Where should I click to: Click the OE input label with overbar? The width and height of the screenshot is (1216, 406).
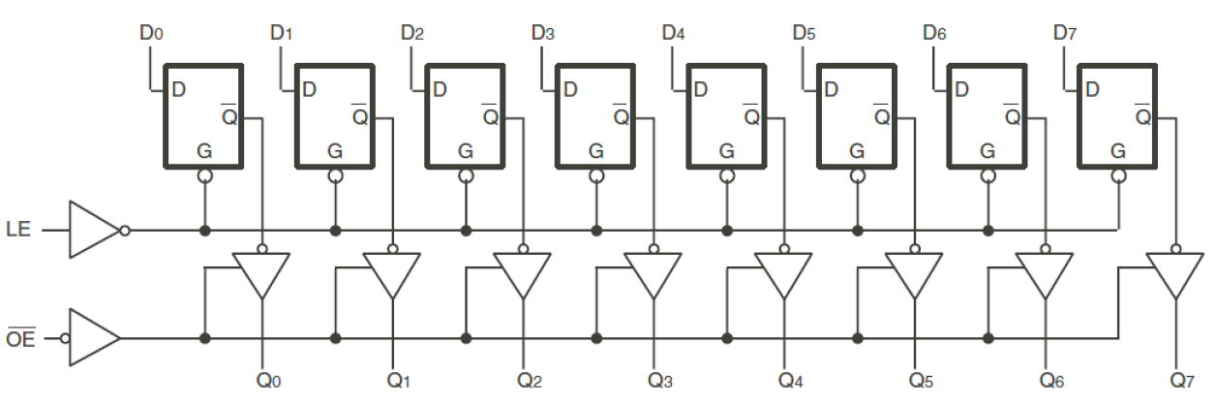tap(21, 338)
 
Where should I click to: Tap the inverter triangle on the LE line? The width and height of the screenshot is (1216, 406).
tap(93, 231)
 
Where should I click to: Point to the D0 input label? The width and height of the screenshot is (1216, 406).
tap(150, 33)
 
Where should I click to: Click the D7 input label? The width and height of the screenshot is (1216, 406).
tap(1064, 33)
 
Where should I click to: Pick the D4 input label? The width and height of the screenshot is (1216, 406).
tap(673, 33)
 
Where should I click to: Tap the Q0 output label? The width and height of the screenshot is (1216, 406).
tap(267, 380)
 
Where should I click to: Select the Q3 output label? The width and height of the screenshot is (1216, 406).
tap(659, 380)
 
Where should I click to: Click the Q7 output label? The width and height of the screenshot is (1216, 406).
tap(1182, 380)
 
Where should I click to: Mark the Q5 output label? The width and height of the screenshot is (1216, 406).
tap(921, 380)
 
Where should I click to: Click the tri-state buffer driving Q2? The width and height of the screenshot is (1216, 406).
tap(523, 275)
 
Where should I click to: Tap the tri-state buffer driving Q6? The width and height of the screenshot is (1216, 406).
tap(1045, 275)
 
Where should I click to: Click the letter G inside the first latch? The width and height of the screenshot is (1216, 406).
tap(204, 151)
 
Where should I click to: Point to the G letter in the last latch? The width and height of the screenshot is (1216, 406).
tap(1118, 151)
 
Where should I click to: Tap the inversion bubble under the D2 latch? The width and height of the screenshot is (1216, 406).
tap(466, 177)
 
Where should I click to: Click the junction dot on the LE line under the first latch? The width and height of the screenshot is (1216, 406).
tap(204, 231)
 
